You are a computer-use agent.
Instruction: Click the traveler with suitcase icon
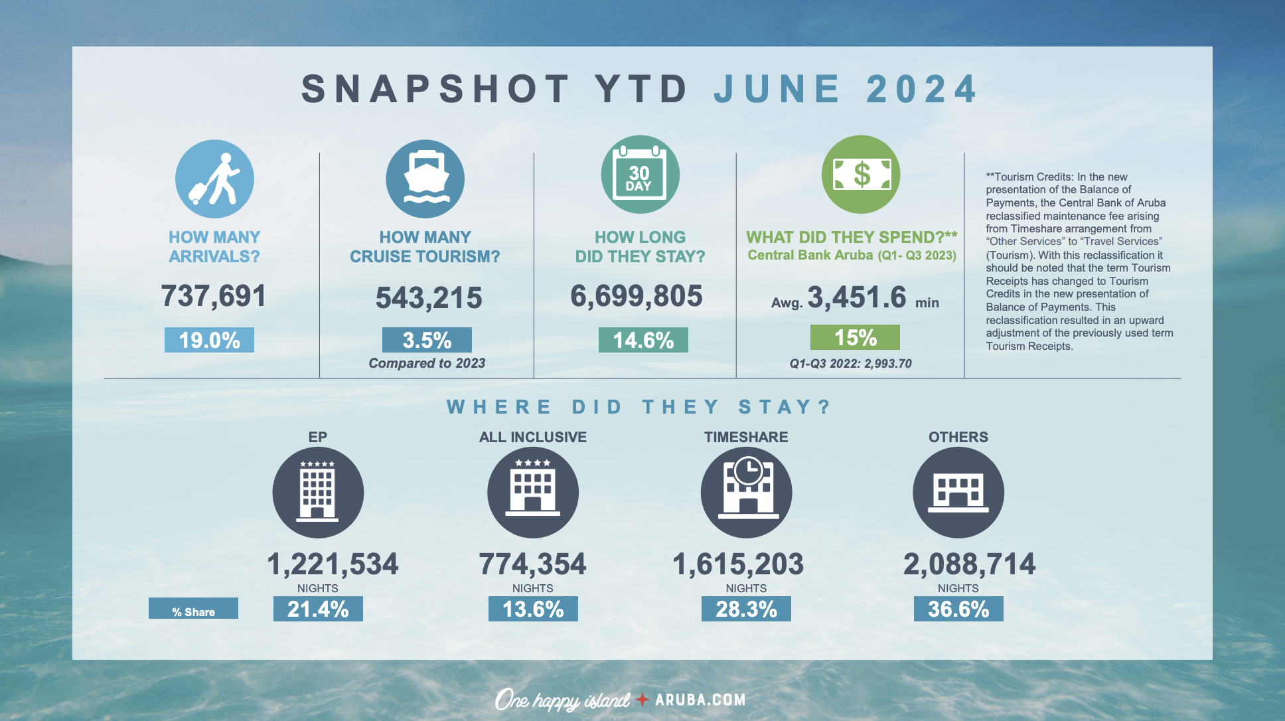pos(214,179)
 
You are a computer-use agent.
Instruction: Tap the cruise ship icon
pos(425,179)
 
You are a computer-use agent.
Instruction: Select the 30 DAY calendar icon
pos(640,175)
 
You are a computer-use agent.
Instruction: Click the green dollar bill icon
pos(861,175)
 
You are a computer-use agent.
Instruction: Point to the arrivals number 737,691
pos(214,296)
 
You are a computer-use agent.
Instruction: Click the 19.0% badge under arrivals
pos(209,340)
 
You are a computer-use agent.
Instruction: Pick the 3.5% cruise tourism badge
pos(427,340)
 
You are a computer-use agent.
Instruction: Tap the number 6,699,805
pos(636,296)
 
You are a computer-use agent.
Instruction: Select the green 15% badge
pos(855,337)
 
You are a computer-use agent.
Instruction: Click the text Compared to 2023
pos(427,363)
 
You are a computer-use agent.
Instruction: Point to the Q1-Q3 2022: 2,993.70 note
pos(850,364)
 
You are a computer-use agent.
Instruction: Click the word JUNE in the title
pos(777,89)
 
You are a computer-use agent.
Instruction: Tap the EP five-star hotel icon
pos(318,493)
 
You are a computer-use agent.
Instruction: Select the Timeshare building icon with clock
pos(747,493)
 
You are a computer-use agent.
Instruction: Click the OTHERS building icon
pos(958,493)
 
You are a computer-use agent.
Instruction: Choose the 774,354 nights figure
pos(532,564)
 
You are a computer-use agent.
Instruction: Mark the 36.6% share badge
pos(958,609)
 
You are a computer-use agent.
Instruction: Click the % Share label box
pos(193,609)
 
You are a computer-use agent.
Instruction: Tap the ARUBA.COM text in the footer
pos(700,700)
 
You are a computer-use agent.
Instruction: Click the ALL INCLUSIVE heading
pos(533,437)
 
